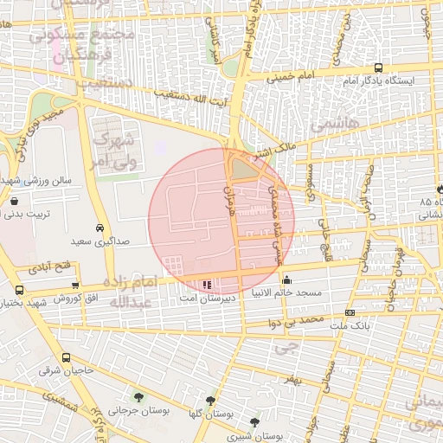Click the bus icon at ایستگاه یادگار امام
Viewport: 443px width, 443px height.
click(x=378, y=67)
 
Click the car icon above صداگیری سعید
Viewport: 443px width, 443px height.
click(x=100, y=228)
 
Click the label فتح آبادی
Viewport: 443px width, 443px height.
click(x=52, y=268)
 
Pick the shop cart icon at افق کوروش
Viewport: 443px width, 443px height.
click(x=75, y=285)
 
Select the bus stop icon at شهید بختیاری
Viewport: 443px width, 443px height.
click(x=20, y=290)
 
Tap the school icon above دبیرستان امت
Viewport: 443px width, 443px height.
click(x=206, y=284)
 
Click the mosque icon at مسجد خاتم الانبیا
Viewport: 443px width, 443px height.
click(x=287, y=280)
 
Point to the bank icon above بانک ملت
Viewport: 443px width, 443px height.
click(x=350, y=312)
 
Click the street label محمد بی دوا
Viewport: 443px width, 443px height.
click(x=292, y=322)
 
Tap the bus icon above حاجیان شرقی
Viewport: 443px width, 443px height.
click(x=66, y=357)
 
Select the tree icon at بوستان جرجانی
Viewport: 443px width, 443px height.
click(x=138, y=397)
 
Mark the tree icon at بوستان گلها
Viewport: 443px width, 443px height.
click(x=210, y=401)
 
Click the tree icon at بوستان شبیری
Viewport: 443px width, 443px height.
click(x=254, y=422)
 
